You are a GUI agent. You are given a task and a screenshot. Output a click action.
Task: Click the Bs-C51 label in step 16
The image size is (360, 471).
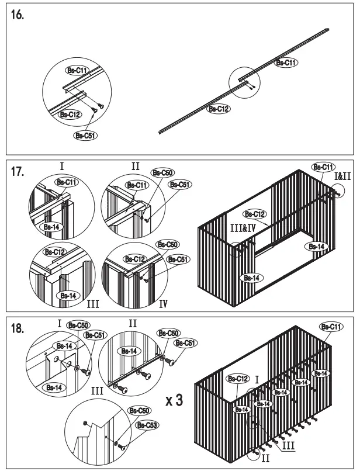85,136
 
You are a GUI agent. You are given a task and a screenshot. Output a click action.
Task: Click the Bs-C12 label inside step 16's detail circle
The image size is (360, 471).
70,115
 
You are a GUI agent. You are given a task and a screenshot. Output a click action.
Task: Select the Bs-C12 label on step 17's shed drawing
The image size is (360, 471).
254,214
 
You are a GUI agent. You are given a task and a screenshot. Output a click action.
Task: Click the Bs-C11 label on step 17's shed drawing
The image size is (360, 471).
323,167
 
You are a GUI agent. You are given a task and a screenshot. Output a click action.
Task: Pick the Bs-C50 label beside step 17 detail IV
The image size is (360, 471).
168,244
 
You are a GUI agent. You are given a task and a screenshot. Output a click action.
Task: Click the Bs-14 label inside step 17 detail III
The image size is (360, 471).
67,296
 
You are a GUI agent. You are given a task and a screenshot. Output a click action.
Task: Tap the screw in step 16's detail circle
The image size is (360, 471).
99,107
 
